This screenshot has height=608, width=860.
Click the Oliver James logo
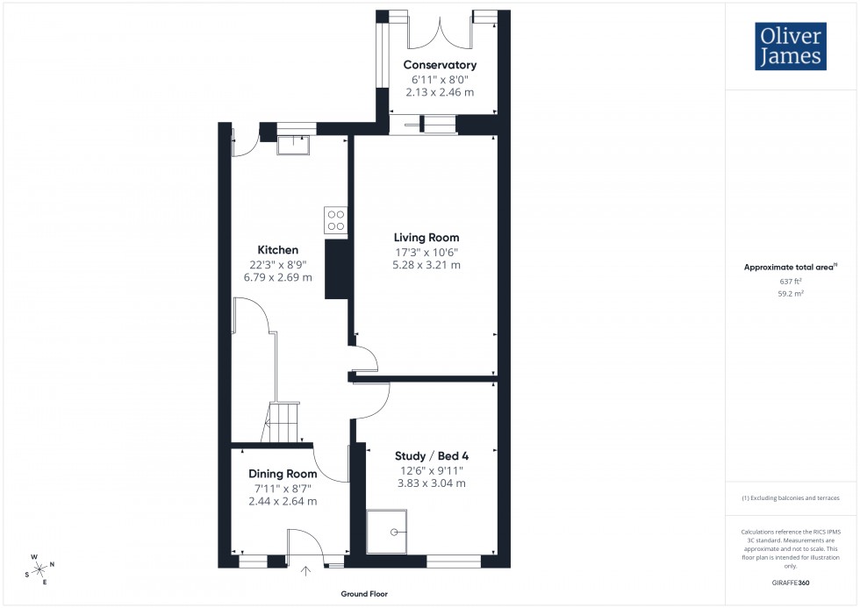tap(790, 46)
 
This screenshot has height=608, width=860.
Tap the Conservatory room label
tap(440, 65)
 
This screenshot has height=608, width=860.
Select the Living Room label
tap(426, 238)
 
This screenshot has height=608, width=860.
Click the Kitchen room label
tap(277, 250)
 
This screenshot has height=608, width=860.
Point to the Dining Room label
tap(283, 474)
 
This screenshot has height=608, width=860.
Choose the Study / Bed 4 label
tap(431, 455)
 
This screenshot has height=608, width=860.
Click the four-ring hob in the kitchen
tap(335, 219)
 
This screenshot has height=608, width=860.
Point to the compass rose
tap(39, 568)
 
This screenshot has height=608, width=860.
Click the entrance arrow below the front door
tap(305, 573)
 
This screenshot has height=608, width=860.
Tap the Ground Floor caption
tap(364, 594)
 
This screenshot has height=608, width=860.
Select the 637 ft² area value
tap(791, 282)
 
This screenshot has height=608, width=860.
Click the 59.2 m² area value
tap(791, 294)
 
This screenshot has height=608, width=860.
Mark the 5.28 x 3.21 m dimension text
tap(427, 265)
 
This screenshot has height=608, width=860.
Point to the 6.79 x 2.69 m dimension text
tap(277, 277)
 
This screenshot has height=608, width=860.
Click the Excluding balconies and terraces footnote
tap(791, 497)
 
